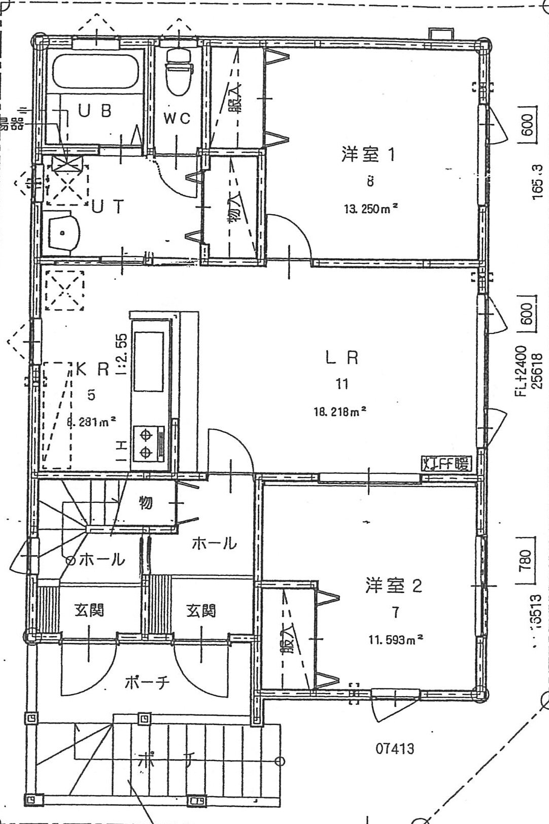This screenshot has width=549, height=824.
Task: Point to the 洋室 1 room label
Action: [368, 154]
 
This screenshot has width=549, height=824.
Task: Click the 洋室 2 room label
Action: [393, 586]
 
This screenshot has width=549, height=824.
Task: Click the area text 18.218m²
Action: [340, 411]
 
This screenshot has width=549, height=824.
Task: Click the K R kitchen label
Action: [92, 369]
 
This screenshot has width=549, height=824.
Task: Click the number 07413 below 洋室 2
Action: [395, 747]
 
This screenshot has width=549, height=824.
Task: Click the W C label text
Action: [177, 119]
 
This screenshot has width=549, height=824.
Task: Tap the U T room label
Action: [107, 207]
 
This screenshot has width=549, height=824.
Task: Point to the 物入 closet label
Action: [233, 212]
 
